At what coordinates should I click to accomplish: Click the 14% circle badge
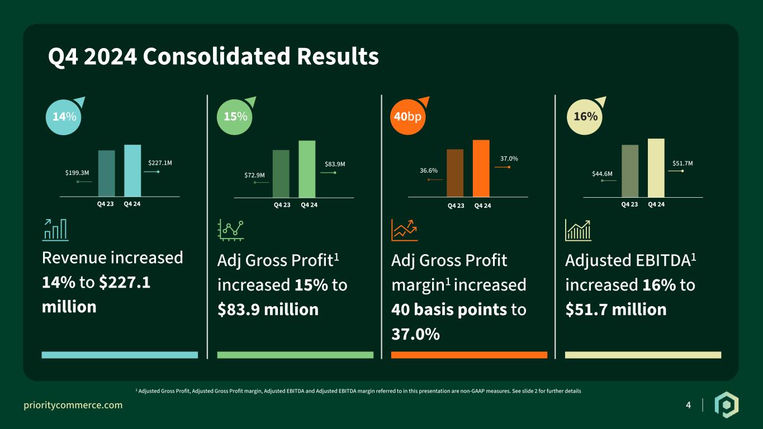tap(64, 117)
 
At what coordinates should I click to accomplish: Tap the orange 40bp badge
tap(407, 117)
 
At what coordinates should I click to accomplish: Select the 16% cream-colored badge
tap(585, 117)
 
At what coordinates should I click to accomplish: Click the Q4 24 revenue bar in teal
tap(132, 170)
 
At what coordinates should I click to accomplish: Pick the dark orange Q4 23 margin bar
tap(455, 173)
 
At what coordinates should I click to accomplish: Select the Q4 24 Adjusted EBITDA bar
tap(656, 168)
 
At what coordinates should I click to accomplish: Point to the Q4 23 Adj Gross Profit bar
tap(281, 174)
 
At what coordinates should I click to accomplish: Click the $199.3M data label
tap(77, 173)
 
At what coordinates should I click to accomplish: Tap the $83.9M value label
tap(335, 164)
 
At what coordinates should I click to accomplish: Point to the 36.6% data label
tap(429, 170)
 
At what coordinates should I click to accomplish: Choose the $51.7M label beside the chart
tap(683, 163)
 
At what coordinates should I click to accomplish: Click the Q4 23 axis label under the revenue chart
tap(105, 204)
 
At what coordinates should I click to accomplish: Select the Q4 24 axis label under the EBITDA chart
tap(656, 204)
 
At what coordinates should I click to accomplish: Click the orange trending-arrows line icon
tap(404, 230)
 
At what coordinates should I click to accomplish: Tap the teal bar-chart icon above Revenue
tap(55, 230)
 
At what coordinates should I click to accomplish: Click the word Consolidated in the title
tap(216, 56)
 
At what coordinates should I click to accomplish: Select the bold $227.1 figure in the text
tap(125, 282)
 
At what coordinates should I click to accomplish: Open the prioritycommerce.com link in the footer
tap(73, 405)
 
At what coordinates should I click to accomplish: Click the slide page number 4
tap(689, 405)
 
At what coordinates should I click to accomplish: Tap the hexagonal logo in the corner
tap(727, 405)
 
